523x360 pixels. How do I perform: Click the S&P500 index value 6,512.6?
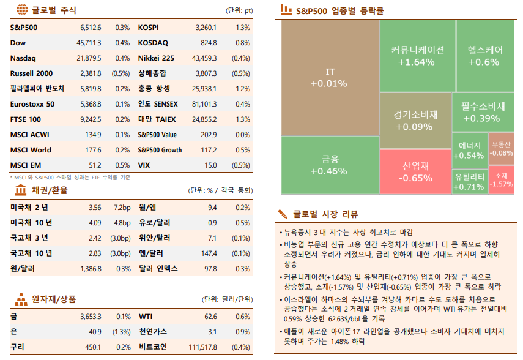click(x=91, y=28)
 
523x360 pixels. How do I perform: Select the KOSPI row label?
click(x=148, y=28)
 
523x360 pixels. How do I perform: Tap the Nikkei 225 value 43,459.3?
click(x=204, y=58)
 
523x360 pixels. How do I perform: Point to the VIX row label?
click(x=144, y=165)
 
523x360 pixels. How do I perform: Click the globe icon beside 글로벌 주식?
click(x=21, y=10)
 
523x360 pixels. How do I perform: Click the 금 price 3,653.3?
click(x=91, y=317)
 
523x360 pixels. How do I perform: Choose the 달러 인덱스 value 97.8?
click(x=210, y=268)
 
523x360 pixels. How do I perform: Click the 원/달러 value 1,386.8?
click(x=91, y=268)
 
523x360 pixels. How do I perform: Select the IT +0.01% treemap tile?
click(x=330, y=77)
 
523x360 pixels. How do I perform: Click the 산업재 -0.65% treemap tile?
click(x=415, y=171)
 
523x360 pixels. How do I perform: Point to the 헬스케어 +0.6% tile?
click(x=484, y=56)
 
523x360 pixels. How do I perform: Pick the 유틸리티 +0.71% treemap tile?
click(x=470, y=181)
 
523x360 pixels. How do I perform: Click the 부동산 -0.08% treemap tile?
click(x=502, y=149)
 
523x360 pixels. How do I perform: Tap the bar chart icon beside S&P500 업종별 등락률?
click(x=285, y=10)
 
